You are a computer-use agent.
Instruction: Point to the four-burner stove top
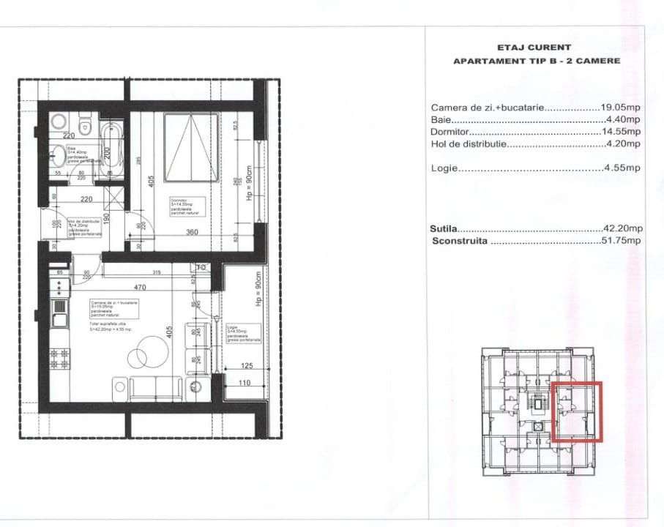[59, 358]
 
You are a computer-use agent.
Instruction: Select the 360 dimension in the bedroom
[192, 232]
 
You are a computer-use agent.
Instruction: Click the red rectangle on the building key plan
[576, 412]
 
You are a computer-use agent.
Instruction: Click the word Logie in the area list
[444, 168]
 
